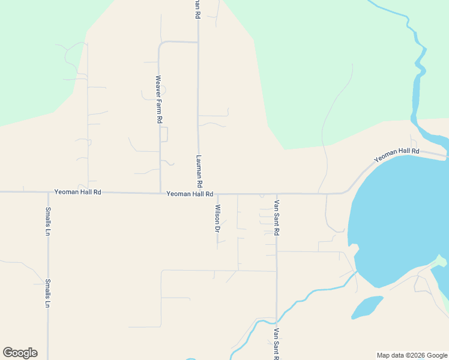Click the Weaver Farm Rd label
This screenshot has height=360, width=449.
tap(159, 99)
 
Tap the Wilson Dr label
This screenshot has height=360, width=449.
tap(217, 218)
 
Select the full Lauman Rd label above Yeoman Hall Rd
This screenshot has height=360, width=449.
tap(199, 171)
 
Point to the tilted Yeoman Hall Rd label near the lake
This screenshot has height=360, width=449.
tap(396, 155)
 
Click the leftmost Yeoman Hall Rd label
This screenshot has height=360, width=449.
tap(78, 193)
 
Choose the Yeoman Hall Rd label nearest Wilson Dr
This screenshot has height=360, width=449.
tap(190, 194)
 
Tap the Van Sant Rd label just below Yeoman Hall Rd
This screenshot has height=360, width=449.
tap(277, 218)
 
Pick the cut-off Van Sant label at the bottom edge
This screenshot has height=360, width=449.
tap(276, 344)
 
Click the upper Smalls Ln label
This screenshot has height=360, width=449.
tap(48, 221)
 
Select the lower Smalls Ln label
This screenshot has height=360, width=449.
tap(47, 293)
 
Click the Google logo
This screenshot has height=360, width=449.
tap(20, 353)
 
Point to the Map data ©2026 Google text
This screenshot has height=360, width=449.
tap(411, 355)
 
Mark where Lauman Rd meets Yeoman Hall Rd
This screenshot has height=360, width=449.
tap(198, 193)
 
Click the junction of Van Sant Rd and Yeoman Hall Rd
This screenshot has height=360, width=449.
tap(277, 194)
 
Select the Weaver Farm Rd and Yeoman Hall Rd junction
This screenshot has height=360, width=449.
tap(160, 193)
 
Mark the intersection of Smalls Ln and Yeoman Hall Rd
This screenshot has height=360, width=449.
tap(48, 192)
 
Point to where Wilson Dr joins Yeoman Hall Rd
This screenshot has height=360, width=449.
tap(217, 194)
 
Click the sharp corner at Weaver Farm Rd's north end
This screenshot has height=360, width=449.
tap(160, 43)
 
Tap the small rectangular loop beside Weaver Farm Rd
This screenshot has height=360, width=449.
tap(164, 134)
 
